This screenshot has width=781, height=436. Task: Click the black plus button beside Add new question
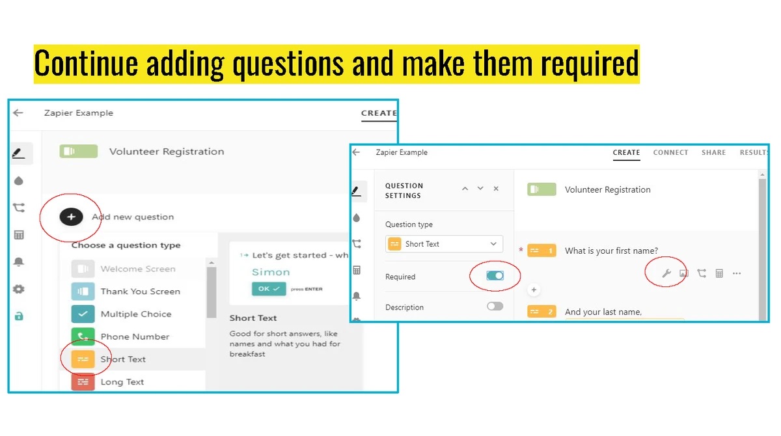point(71,217)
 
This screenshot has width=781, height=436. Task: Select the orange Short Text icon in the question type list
point(83,359)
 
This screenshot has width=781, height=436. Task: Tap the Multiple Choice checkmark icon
point(83,314)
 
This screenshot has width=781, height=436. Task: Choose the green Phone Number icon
point(83,336)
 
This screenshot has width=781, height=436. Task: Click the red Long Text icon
point(83,381)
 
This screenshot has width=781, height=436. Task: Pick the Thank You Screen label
point(140,292)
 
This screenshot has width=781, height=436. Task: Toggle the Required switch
point(495,276)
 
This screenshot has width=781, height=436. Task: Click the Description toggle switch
point(495,307)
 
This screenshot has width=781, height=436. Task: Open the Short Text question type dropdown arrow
point(493,244)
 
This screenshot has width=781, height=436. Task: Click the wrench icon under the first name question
point(666,273)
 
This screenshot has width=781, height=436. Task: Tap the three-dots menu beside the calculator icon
point(736,273)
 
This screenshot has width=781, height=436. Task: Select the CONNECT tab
point(670,153)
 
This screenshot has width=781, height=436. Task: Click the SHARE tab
point(714,153)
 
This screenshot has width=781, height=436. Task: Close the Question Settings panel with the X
point(496,189)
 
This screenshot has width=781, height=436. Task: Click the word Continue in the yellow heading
point(86,63)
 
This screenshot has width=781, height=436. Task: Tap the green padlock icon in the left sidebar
point(19,316)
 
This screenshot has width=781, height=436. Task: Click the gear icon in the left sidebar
point(19,289)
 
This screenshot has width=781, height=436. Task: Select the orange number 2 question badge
point(541,312)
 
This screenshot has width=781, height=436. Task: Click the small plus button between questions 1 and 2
point(534,290)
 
